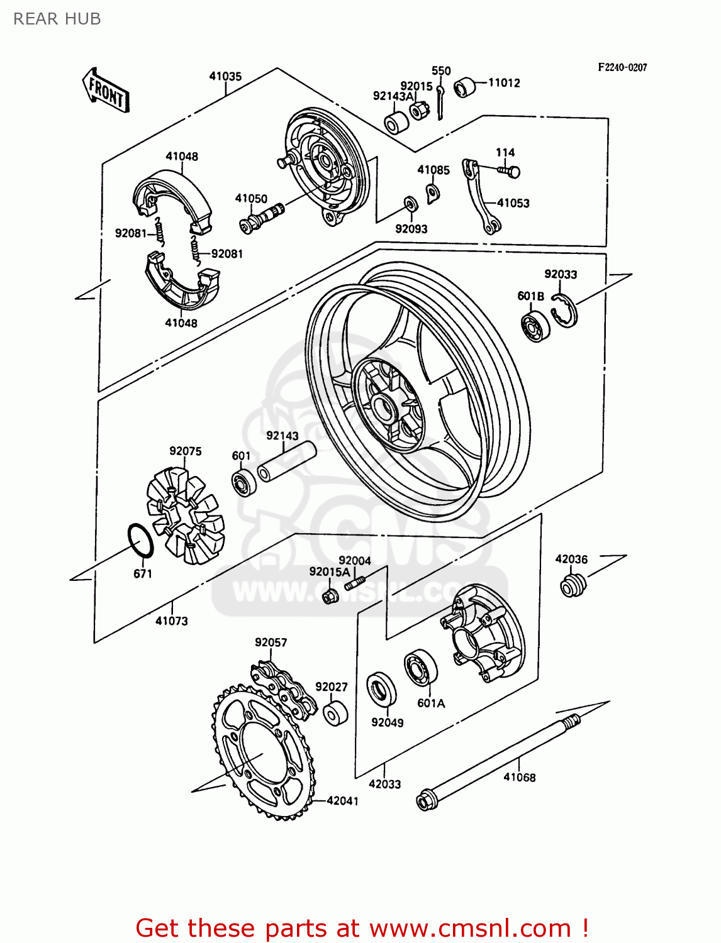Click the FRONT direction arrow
pos(106,91)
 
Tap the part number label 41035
pos(225,76)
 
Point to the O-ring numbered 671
pos(140,540)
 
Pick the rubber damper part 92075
pos(185,509)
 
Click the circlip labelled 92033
pos(564,310)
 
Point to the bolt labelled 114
pos(510,170)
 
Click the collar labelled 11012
pos(465,87)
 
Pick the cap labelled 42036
pos(572,585)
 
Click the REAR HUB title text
pos(57,19)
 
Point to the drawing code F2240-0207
pos(622,67)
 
